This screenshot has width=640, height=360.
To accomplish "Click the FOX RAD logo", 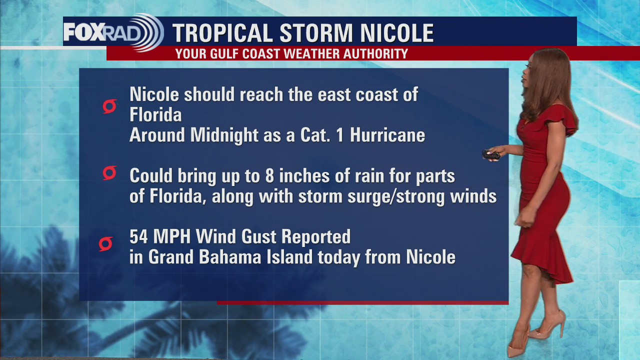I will tap(113, 32).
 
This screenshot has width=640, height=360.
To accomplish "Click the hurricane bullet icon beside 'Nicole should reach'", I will tap(109, 106).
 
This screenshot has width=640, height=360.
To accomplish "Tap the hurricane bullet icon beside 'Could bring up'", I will tap(109, 173).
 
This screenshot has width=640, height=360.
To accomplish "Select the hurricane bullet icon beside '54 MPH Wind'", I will tap(105, 244).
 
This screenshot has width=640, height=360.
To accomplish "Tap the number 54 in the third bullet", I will tap(139, 236).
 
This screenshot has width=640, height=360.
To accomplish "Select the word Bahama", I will tap(228, 257).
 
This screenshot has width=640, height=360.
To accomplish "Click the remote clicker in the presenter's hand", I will tap(490, 155).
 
